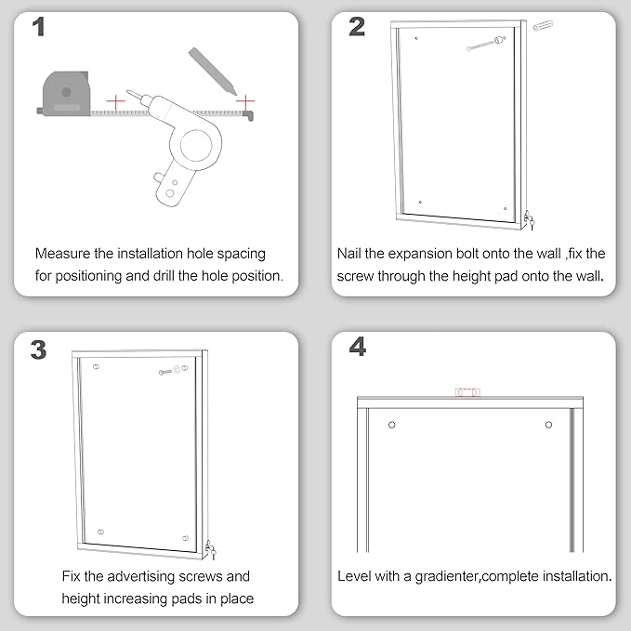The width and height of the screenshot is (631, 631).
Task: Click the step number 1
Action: coord(39,28)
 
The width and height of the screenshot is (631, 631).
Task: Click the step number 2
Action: coord(357,28)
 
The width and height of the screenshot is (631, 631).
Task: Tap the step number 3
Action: coord(39,349)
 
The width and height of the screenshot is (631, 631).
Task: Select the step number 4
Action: coord(357,348)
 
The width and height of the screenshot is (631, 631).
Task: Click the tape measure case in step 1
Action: coord(64,94)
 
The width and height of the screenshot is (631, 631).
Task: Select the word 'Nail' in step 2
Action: coord(352,253)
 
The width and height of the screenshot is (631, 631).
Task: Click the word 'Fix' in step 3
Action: coord(73,576)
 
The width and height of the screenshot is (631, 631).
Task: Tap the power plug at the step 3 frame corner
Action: coord(211,551)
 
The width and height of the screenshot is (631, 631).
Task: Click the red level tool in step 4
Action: coord(467,393)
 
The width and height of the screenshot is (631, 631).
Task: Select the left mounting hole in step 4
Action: coord(392,425)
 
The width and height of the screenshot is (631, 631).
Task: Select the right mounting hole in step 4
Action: coord(548,425)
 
